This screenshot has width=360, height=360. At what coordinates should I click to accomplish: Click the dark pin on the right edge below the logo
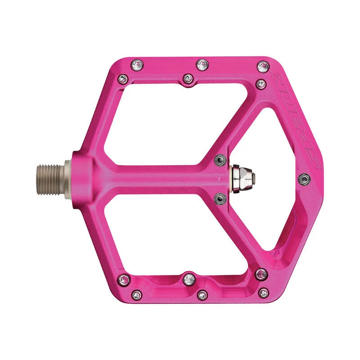pos(305,179)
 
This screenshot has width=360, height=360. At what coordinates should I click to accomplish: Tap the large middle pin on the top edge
pos(201,64)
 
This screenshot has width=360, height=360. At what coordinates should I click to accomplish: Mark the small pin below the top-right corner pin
pos(260,83)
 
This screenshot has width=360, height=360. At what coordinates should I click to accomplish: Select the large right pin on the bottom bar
pos(261,273)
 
